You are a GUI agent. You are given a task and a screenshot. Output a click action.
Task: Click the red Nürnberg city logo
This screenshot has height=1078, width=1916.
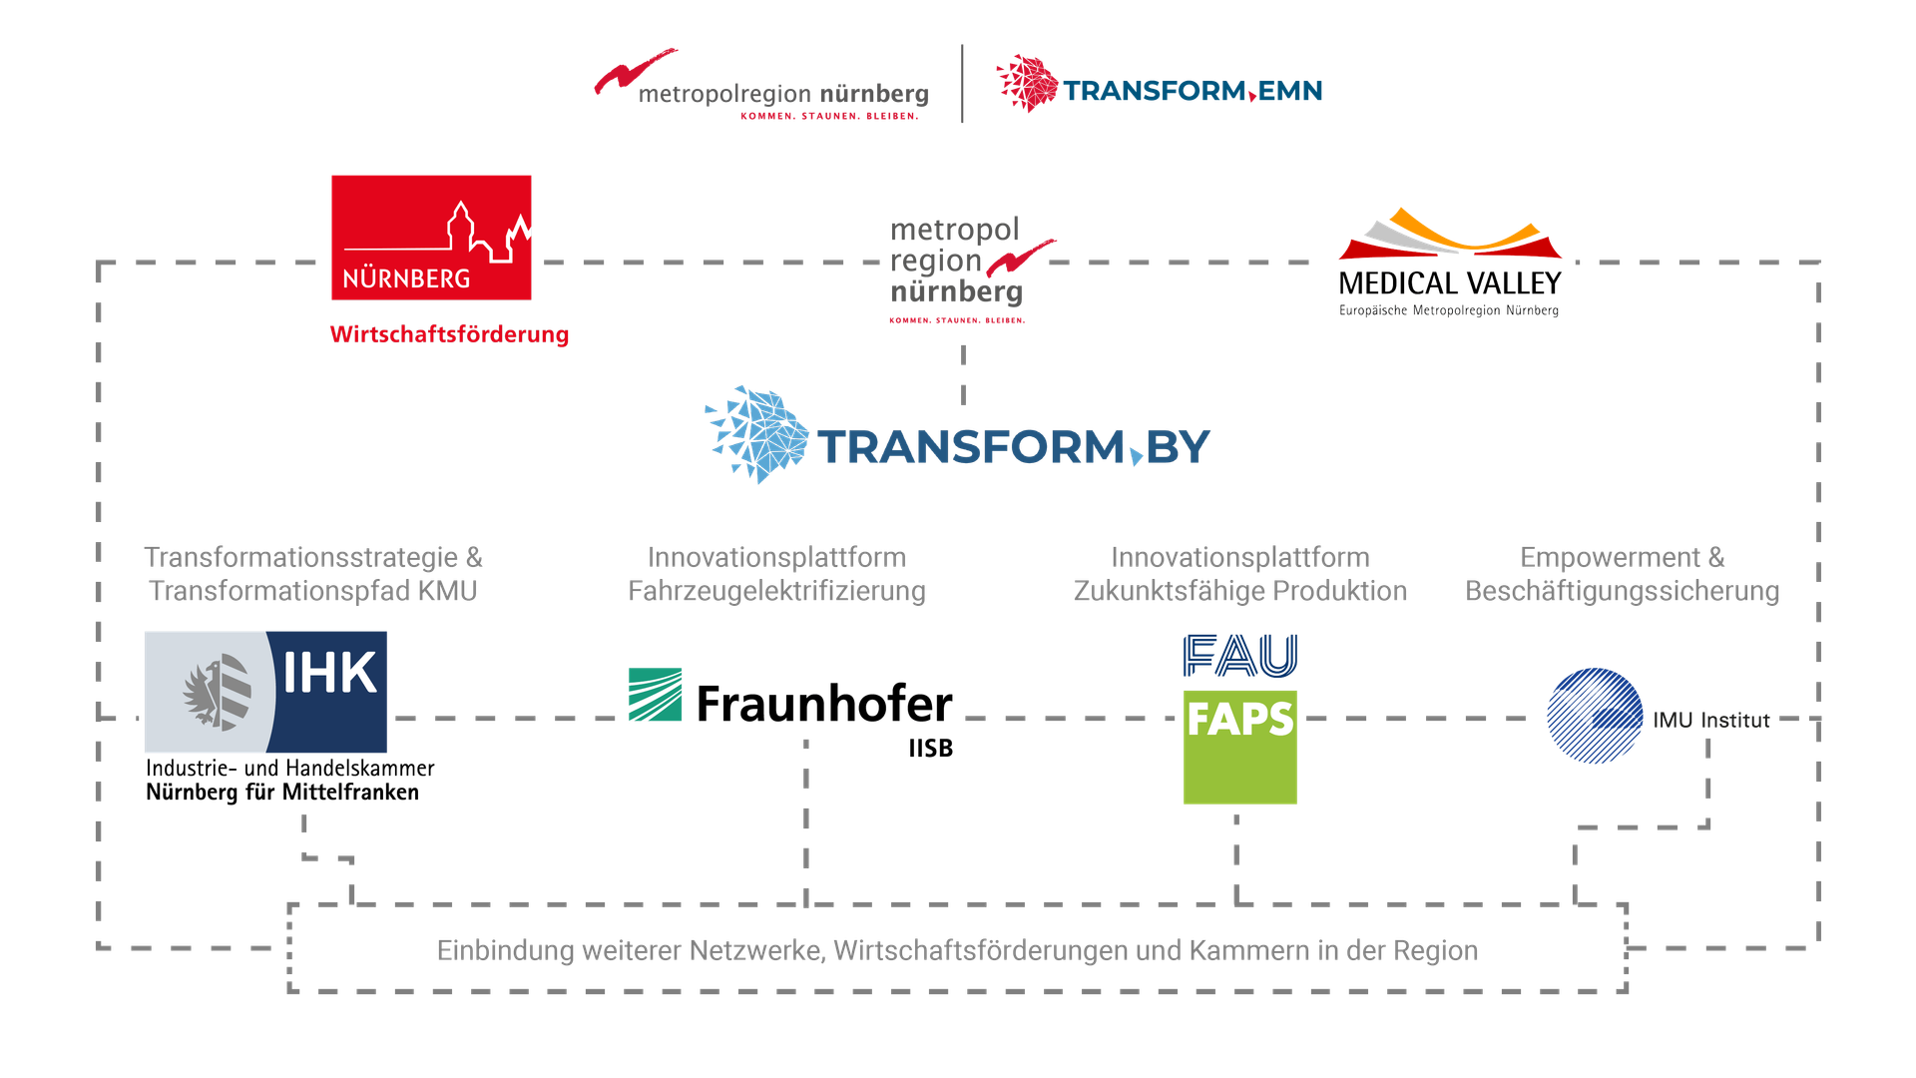tap(431, 238)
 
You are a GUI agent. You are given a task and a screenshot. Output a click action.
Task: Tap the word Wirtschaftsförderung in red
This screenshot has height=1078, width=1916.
tap(449, 334)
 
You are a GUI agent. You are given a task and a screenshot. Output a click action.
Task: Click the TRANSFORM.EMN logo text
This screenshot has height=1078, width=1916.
tap(1193, 92)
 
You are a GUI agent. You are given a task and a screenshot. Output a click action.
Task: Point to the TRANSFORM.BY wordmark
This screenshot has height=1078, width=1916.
tap(1014, 447)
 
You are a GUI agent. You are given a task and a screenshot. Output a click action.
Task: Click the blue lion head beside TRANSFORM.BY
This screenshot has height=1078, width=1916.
tap(757, 434)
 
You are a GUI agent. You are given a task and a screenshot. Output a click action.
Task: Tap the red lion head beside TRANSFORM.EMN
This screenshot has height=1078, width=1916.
tap(1026, 82)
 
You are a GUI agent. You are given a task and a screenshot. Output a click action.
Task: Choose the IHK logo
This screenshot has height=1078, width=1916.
tap(265, 692)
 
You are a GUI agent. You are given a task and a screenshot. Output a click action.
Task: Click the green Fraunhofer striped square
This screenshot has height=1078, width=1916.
tap(655, 695)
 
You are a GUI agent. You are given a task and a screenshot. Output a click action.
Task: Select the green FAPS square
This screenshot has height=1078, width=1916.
tap(1239, 746)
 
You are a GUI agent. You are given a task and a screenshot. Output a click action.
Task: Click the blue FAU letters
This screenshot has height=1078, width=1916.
tap(1239, 656)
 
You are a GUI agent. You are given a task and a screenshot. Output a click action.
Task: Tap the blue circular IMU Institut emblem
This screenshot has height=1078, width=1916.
tap(1594, 716)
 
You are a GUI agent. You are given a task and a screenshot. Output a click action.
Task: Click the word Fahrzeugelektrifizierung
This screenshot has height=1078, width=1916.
tap(776, 592)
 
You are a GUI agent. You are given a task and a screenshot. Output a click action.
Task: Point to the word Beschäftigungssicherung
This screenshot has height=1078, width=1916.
tap(1623, 592)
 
